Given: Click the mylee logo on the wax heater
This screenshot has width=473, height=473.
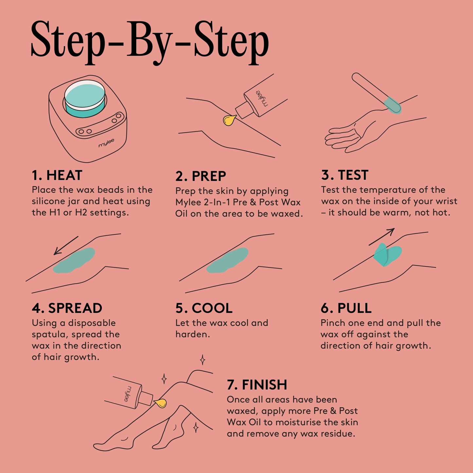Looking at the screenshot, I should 106,143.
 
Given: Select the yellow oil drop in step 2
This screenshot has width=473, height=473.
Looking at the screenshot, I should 229,120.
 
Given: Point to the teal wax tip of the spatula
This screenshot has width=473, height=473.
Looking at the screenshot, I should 392,104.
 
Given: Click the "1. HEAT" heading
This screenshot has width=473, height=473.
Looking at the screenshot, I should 57,175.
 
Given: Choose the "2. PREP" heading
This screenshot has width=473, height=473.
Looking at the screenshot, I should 201,176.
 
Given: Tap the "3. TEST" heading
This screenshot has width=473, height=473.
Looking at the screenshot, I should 345,175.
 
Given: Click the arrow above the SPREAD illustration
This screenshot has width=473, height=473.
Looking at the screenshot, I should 66,245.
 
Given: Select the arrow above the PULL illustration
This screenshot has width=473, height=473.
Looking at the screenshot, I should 382,237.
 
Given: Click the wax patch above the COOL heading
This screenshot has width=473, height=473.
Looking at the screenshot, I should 227,261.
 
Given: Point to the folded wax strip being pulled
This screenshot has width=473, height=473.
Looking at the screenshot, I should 388,255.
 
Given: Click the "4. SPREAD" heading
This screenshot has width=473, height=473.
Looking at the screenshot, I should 67,308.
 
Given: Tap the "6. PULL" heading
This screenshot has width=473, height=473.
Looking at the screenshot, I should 346,308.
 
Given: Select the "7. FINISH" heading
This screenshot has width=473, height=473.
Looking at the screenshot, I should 257,385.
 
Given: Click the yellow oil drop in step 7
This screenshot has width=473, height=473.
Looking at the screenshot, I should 160,403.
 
